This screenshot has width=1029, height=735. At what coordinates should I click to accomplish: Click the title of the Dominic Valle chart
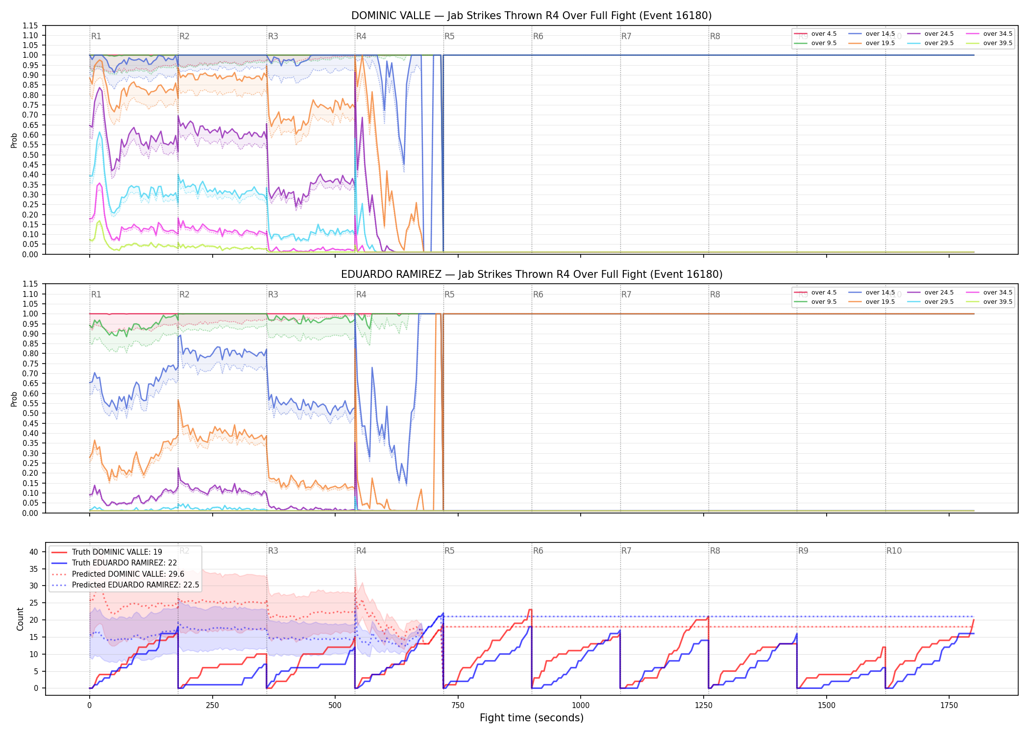tap(532, 16)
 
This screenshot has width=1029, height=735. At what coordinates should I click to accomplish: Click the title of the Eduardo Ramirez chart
tap(532, 274)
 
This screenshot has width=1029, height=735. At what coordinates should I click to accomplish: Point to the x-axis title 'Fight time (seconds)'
tap(532, 718)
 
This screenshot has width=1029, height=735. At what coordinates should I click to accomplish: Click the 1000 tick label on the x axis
tap(581, 705)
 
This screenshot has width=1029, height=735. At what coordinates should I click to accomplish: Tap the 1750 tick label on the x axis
tap(949, 705)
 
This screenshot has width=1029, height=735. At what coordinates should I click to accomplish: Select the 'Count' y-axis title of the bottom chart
tap(20, 619)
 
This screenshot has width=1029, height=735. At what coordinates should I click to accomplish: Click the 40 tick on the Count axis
tap(33, 552)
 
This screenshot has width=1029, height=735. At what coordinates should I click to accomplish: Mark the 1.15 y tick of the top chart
tap(30, 25)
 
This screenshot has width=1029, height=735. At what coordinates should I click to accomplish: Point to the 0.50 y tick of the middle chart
tap(30, 413)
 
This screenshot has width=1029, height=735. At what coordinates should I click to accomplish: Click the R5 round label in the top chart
tap(449, 36)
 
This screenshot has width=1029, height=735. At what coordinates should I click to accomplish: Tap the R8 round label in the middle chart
tap(715, 294)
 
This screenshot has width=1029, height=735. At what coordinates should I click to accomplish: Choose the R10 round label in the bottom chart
tap(894, 551)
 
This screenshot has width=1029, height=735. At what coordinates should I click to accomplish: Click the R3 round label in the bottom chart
tap(273, 551)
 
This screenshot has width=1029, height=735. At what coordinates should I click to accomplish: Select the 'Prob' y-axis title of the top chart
tap(14, 140)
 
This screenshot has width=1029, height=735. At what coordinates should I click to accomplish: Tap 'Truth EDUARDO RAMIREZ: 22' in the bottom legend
tap(124, 563)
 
